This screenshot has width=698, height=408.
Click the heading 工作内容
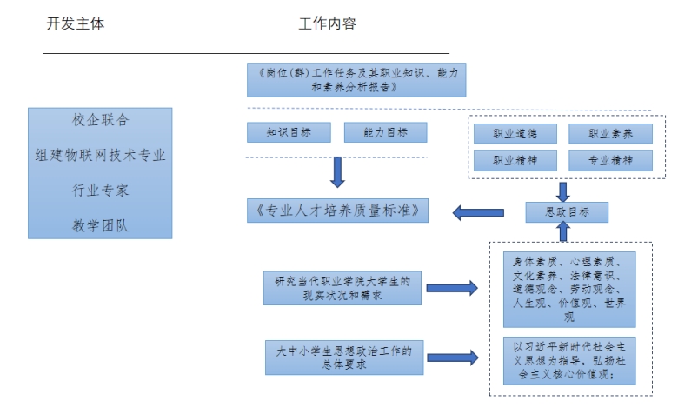point(328,24)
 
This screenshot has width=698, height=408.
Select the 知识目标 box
point(289,132)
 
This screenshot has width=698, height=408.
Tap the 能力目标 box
point(385,132)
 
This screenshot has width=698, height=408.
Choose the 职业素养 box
point(610,134)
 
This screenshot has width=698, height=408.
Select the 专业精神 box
point(610,160)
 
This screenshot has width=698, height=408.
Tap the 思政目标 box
point(566,211)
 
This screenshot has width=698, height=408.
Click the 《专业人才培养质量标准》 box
point(337,210)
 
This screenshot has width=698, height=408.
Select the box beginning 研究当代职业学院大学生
point(343,288)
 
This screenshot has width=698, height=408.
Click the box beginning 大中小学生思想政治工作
point(343,358)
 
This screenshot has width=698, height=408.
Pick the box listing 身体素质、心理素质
point(568,289)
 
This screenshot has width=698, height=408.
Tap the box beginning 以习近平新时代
point(568,360)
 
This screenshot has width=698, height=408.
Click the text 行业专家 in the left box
point(100,190)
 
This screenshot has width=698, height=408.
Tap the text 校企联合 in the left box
point(100,119)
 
